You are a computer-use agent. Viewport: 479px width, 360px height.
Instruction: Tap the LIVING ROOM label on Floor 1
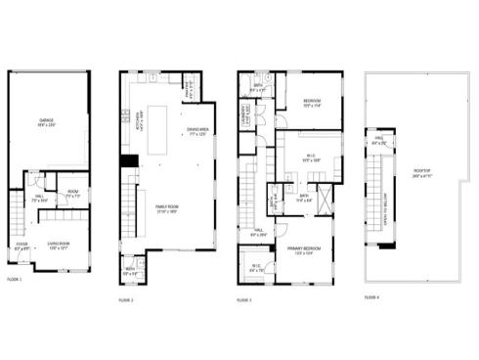pyautogui.click(x=59, y=247)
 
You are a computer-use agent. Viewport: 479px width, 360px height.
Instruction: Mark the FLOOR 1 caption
pyautogui.click(x=15, y=280)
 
